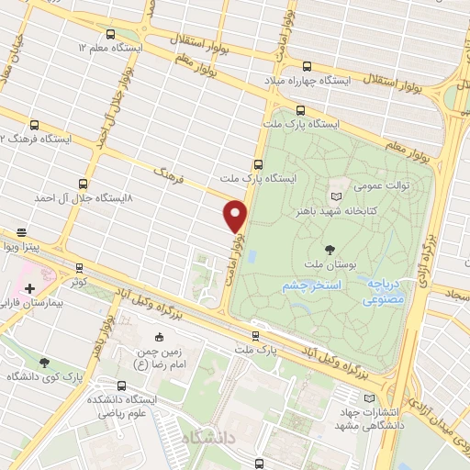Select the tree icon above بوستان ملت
330,249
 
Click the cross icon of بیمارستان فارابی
29,288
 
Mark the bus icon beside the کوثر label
79,268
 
